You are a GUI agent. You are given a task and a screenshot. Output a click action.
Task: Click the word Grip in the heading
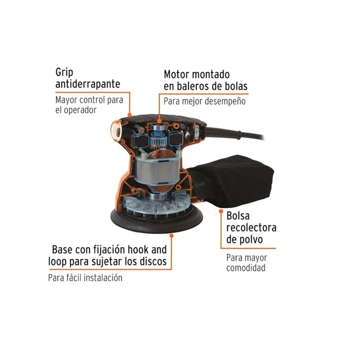click(x=65, y=72)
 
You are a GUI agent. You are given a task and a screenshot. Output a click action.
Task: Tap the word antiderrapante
click(x=88, y=84)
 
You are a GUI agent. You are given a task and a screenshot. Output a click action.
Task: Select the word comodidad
click(x=245, y=268)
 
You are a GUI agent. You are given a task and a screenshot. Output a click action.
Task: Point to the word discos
click(x=152, y=261)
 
